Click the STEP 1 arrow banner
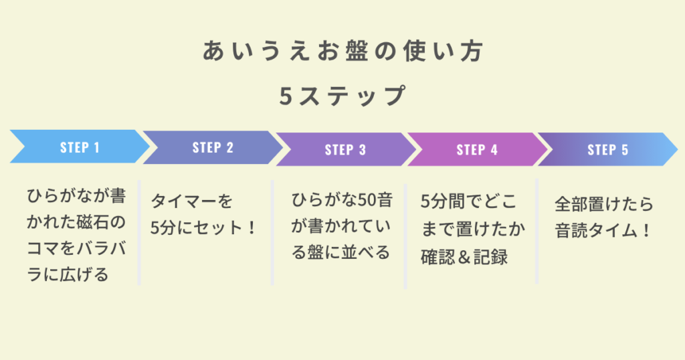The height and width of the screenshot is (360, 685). pyautogui.click(x=80, y=147)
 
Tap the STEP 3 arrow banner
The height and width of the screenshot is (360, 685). pyautogui.click(x=346, y=149)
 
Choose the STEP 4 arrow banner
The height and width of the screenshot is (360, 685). pyautogui.click(x=477, y=149)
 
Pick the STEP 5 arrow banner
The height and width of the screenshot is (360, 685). pyautogui.click(x=607, y=149)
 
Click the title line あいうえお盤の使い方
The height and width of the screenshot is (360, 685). pyautogui.click(x=342, y=51)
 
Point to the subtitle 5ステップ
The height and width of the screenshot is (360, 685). pyautogui.click(x=342, y=96)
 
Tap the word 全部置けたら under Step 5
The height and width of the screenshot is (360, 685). pyautogui.click(x=604, y=204)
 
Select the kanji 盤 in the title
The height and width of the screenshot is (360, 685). pyautogui.click(x=357, y=51)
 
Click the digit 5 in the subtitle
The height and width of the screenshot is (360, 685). pyautogui.click(x=286, y=96)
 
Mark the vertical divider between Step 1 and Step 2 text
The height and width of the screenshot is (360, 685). pyautogui.click(x=139, y=232)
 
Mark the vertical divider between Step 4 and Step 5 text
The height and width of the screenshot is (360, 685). pyautogui.click(x=537, y=231)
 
